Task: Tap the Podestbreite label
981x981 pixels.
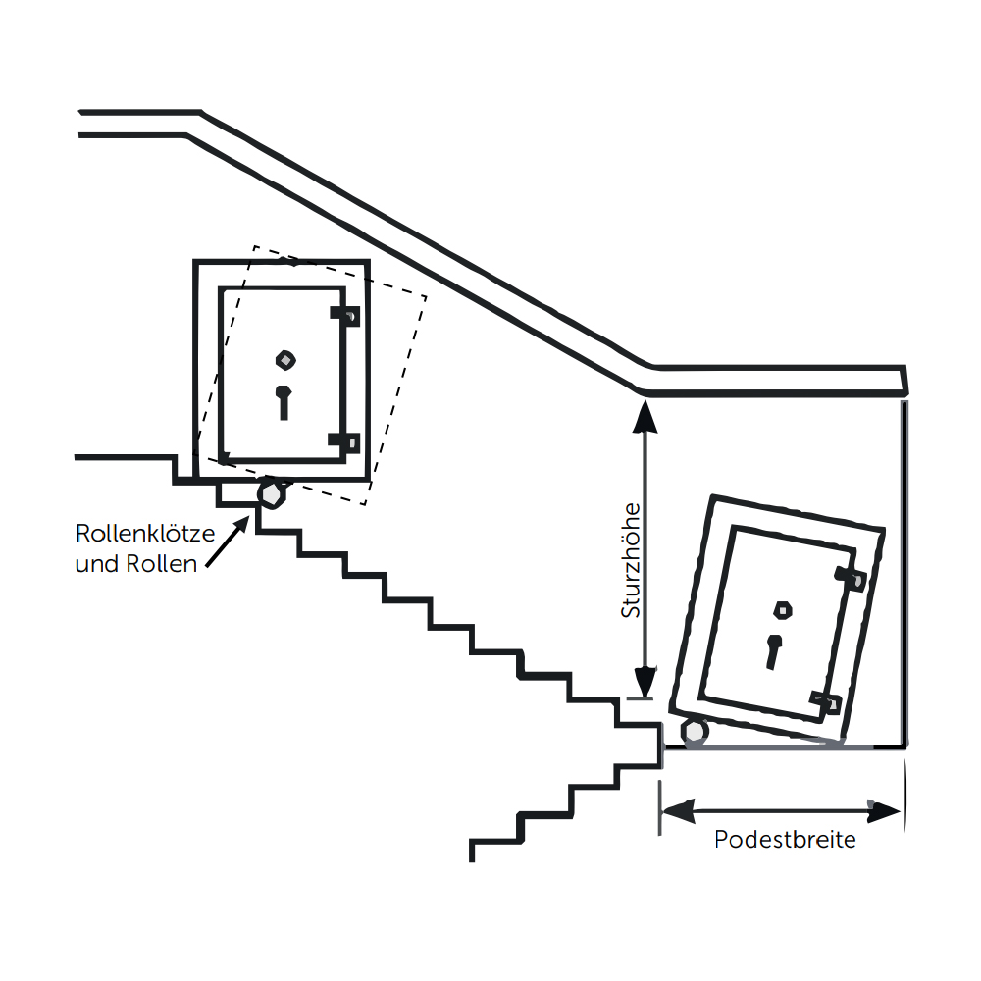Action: [785, 841]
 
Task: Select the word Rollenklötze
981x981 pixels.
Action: [144, 536]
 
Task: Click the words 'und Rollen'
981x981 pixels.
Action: [136, 564]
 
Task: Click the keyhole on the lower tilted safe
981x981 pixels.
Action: [773, 650]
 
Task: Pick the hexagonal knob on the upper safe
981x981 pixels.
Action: [284, 358]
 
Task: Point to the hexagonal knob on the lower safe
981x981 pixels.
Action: [783, 609]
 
